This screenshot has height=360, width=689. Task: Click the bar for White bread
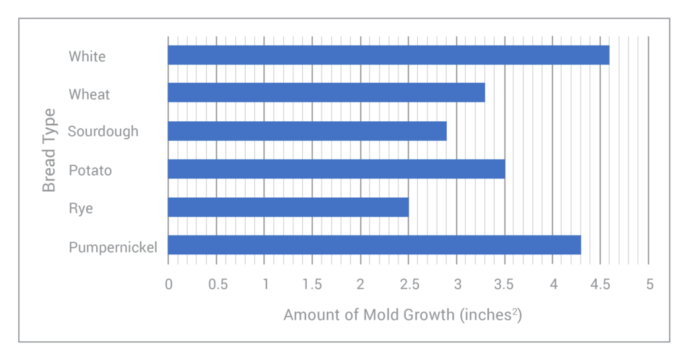(x=388, y=55)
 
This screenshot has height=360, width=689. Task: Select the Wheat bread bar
(x=326, y=93)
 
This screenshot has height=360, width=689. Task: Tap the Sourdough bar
(x=307, y=131)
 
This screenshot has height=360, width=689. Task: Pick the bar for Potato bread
(x=336, y=169)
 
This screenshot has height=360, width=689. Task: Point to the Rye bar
(x=288, y=207)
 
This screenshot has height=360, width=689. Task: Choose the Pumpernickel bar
(x=374, y=245)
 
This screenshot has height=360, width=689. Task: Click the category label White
(x=87, y=57)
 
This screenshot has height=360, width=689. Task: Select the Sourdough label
(x=103, y=131)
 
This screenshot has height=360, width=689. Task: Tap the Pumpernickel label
(x=113, y=248)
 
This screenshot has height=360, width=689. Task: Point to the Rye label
(x=81, y=209)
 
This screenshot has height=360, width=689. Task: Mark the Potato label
(x=90, y=171)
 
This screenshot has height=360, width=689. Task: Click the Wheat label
(x=89, y=95)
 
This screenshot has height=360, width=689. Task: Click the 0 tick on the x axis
(x=168, y=285)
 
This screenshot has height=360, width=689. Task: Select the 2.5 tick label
(x=408, y=285)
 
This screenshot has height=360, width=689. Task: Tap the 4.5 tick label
(x=600, y=285)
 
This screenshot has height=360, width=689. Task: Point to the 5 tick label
(x=649, y=285)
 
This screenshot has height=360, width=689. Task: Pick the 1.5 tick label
(x=312, y=285)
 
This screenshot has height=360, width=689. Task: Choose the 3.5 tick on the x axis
(x=505, y=285)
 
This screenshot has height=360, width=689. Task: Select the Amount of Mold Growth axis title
(x=402, y=315)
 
